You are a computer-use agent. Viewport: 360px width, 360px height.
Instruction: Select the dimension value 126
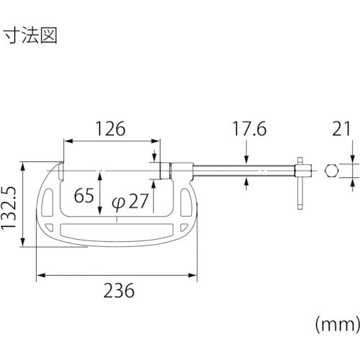(110, 129)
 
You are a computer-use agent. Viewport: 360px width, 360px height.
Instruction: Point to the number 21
(341, 129)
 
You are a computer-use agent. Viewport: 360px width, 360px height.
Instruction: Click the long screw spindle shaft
(230, 171)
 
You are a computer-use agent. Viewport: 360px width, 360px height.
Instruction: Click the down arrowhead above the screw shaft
(247, 162)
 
